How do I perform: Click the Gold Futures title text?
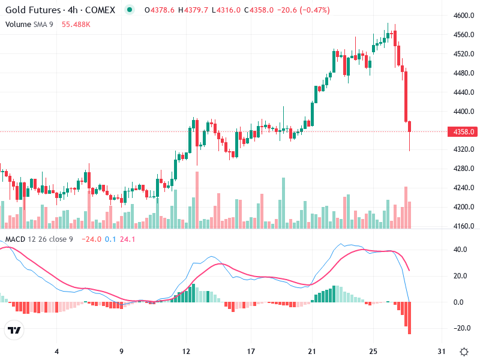[33, 10]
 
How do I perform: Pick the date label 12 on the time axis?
[186, 351]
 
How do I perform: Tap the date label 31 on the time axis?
[442, 351]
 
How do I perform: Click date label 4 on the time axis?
[56, 351]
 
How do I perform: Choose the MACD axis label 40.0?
[460, 249]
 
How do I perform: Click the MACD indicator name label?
[16, 239]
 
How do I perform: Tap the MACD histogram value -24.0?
[92, 239]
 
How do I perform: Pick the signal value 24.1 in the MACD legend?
[128, 239]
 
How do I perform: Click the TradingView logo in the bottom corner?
[14, 331]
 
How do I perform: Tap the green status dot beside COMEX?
[130, 10]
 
